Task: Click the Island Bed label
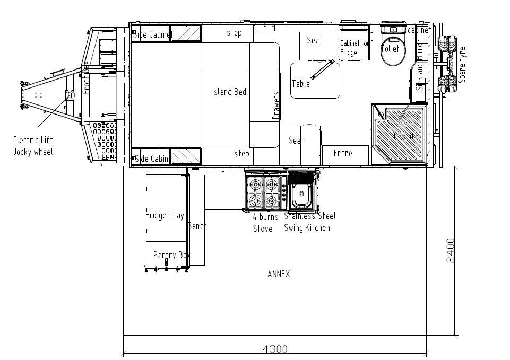[229, 92]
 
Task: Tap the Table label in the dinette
[300, 83]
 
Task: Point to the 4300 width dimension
[275, 349]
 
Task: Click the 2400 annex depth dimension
[450, 250]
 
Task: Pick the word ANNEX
[279, 274]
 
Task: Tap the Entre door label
[343, 153]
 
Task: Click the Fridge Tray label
[165, 215]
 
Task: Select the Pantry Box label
[171, 255]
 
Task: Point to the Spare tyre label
[462, 64]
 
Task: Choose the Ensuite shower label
[406, 136]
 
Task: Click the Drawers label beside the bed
[276, 105]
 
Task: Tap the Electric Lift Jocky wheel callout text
[33, 146]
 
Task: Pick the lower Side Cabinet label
[154, 158]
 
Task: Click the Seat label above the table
[315, 40]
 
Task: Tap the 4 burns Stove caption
[264, 223]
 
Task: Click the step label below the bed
[241, 154]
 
